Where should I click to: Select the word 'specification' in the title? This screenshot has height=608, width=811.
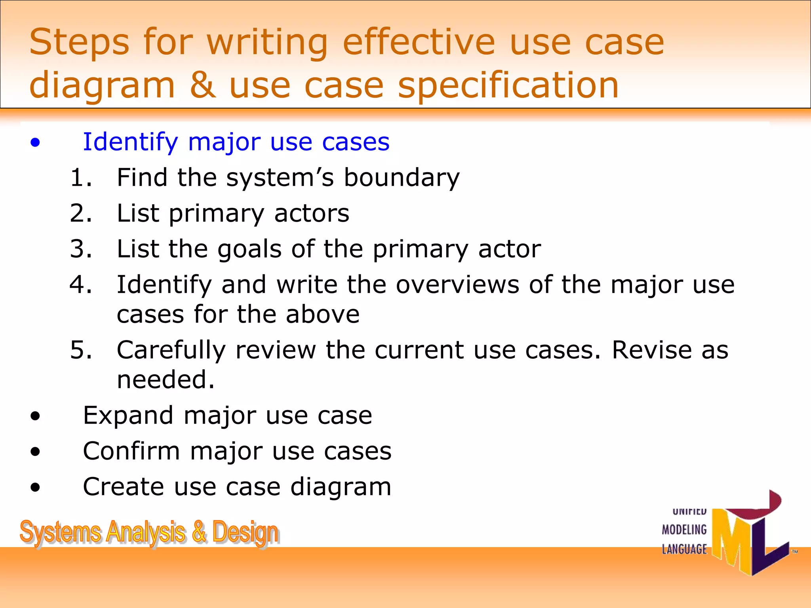[508, 86]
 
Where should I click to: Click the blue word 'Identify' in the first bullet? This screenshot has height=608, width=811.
[130, 142]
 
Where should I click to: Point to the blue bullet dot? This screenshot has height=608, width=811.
[35, 142]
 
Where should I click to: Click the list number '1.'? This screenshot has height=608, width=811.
[81, 177]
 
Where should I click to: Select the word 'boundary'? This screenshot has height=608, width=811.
[402, 177]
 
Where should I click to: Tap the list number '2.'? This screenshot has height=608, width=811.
[81, 213]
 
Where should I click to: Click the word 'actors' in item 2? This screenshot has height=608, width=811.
[312, 213]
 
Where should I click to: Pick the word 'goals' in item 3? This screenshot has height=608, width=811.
[249, 249]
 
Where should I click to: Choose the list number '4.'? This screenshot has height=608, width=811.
[81, 284]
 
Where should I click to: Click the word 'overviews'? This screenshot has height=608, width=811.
[457, 284]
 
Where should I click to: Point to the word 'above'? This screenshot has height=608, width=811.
[323, 314]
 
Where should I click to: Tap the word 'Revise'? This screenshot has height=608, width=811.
[651, 350]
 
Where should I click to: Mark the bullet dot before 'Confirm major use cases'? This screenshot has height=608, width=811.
[35, 451]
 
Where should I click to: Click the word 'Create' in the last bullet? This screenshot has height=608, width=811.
[123, 487]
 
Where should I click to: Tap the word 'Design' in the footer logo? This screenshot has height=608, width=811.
[245, 532]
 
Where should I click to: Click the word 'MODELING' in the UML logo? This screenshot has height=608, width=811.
[684, 530]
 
